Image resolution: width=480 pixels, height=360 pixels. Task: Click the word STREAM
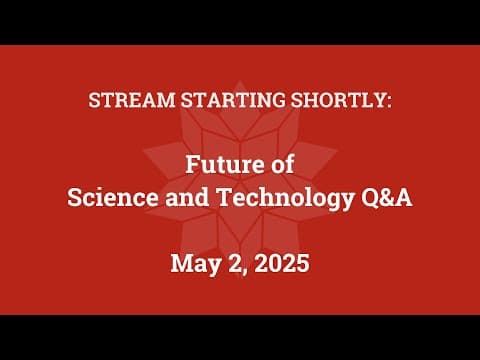[x=128, y=102]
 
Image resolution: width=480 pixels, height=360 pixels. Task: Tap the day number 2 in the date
[x=234, y=264]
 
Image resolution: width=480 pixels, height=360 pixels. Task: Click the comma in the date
[x=244, y=271]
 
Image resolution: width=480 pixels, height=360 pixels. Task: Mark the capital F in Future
[x=193, y=167]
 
